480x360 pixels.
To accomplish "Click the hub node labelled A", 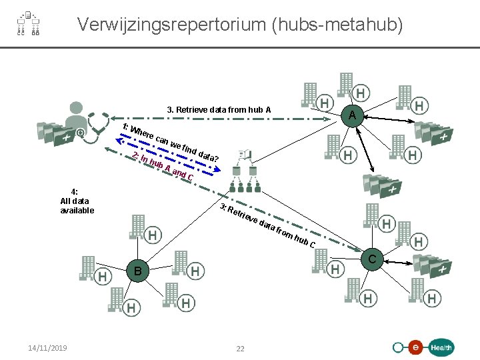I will [x=351, y=116].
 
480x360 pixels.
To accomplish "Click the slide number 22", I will [x=240, y=348].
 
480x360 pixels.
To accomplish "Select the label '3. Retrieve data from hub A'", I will [x=219, y=109].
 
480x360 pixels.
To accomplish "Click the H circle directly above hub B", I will [x=153, y=235].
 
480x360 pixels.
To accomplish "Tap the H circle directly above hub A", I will [x=361, y=93].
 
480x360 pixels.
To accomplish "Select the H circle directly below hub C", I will [x=369, y=297].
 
